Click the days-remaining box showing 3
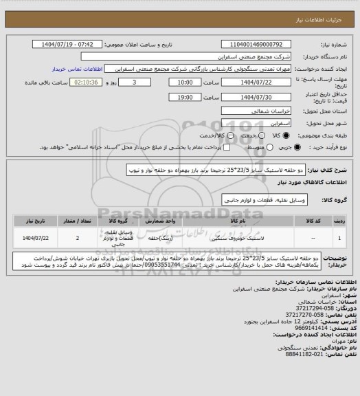coord(133,82)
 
